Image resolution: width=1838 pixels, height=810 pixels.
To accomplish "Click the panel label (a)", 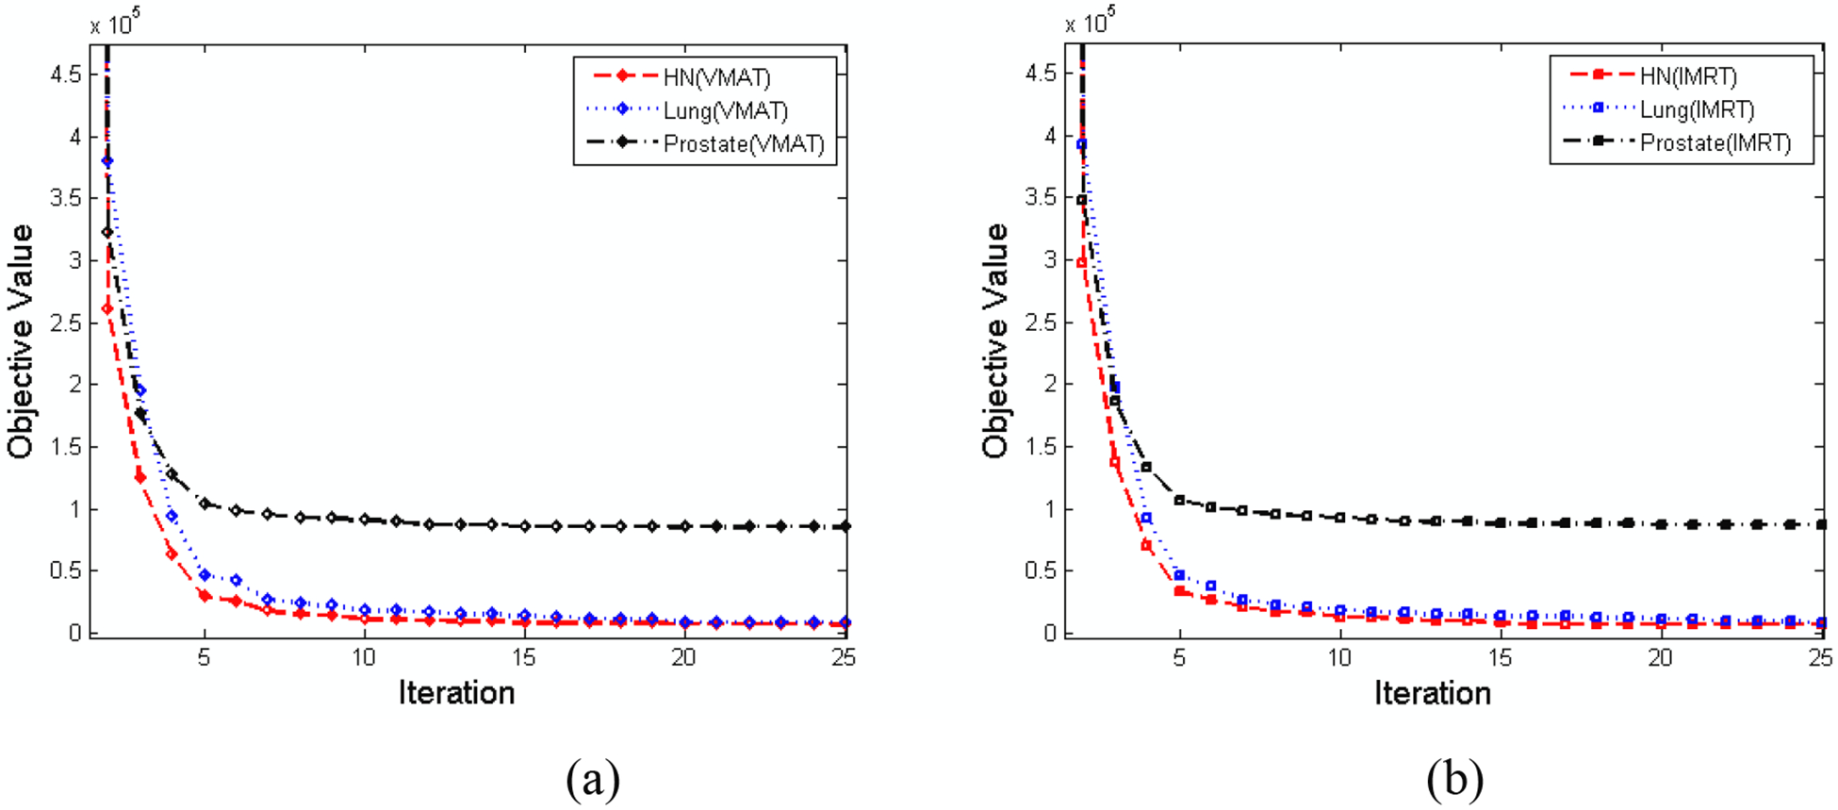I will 593,779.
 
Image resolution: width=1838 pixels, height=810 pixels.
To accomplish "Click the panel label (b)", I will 1454,779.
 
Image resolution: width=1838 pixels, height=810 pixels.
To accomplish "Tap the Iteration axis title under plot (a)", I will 456,693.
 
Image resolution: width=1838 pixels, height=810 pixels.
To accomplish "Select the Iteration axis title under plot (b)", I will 1432,693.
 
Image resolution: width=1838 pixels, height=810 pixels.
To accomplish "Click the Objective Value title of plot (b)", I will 995,341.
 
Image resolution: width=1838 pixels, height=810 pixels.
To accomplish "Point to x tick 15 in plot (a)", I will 524,657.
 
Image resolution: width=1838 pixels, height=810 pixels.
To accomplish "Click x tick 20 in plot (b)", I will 1660,657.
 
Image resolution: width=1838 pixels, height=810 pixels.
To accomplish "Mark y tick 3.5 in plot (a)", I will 66,199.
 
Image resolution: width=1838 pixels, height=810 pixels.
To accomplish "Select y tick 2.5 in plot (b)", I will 1042,323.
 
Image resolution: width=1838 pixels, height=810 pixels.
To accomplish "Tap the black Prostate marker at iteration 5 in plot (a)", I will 205,504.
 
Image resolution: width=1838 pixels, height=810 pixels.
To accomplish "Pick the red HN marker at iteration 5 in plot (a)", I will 205,595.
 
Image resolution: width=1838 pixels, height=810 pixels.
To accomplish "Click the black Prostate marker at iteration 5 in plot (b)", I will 1179,500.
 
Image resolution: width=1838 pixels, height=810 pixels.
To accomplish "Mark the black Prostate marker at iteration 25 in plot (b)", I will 1821,524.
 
